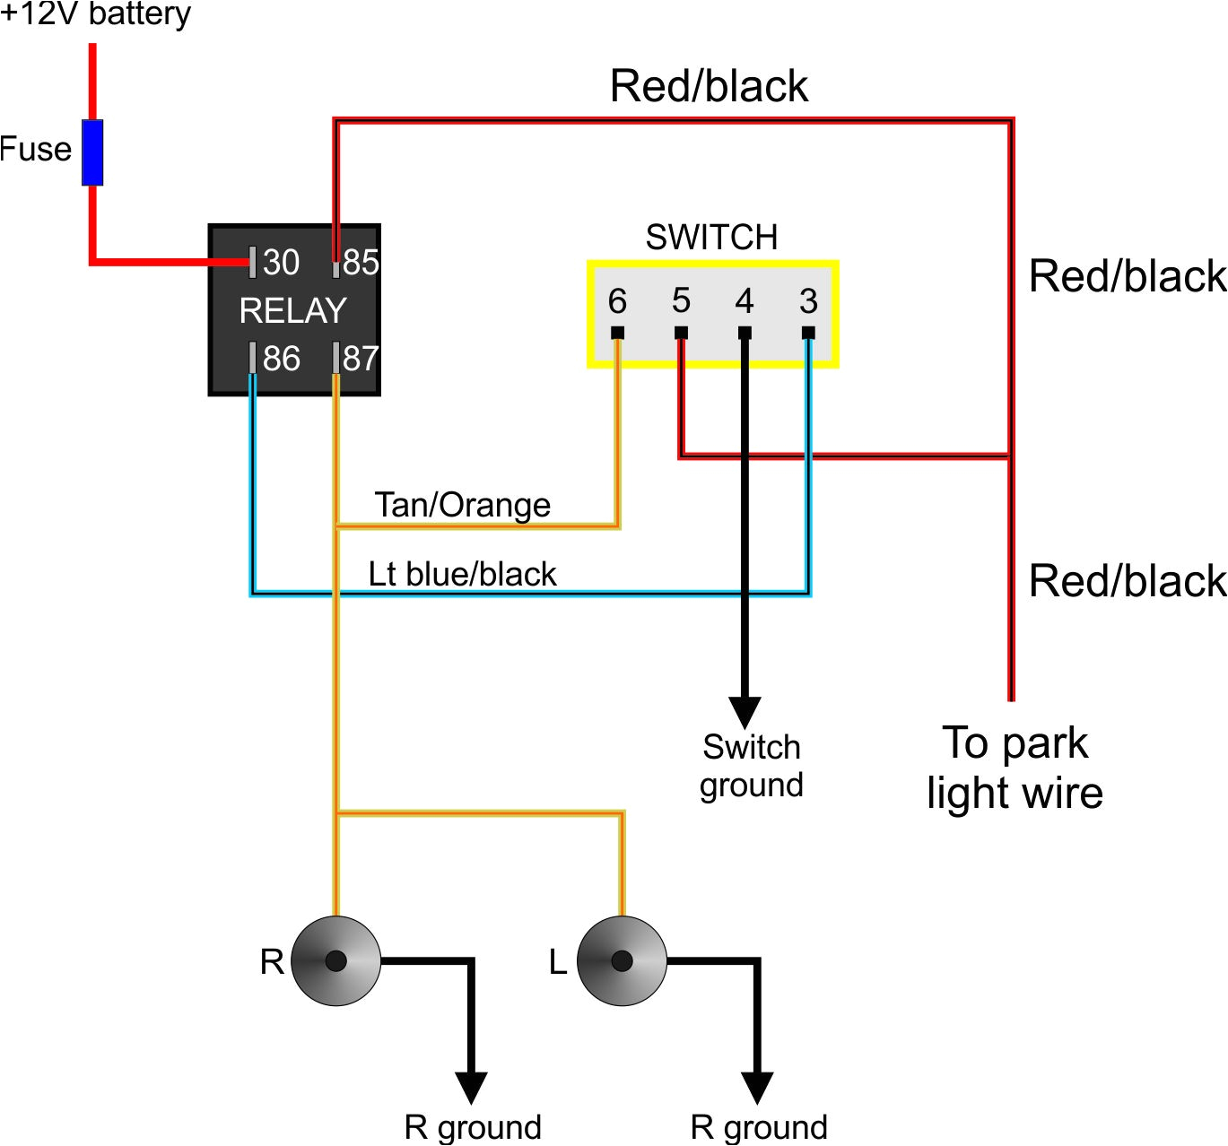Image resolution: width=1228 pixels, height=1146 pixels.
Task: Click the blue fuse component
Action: (92, 152)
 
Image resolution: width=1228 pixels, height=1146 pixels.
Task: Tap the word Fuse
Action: (36, 149)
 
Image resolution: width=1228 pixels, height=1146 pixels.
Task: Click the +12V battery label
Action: (95, 14)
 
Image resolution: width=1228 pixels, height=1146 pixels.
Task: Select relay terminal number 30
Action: (280, 262)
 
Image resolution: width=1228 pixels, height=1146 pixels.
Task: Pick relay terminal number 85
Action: (361, 262)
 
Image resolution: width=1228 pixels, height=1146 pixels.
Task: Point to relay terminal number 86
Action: (280, 358)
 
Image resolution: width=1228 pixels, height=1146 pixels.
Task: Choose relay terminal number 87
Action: (361, 358)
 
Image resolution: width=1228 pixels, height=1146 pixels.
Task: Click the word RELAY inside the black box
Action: (292, 310)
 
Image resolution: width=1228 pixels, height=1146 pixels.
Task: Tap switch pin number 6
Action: (617, 301)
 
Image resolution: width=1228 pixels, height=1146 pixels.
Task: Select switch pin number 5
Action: (681, 301)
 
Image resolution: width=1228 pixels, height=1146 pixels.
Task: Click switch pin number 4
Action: (745, 301)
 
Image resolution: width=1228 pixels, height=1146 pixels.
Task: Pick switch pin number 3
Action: (808, 301)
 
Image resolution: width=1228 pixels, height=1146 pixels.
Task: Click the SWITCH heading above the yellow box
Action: (711, 237)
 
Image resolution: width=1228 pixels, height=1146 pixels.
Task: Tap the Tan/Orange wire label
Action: (462, 505)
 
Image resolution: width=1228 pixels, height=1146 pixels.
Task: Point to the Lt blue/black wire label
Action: (462, 574)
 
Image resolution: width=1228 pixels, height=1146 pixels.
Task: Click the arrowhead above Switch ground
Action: (745, 712)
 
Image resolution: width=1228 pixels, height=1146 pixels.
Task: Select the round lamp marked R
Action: (335, 961)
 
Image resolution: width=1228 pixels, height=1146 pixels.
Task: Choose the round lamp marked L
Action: (622, 961)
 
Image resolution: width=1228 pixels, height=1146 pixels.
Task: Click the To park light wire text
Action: (1015, 768)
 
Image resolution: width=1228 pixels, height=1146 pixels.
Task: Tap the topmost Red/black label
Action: (709, 86)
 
